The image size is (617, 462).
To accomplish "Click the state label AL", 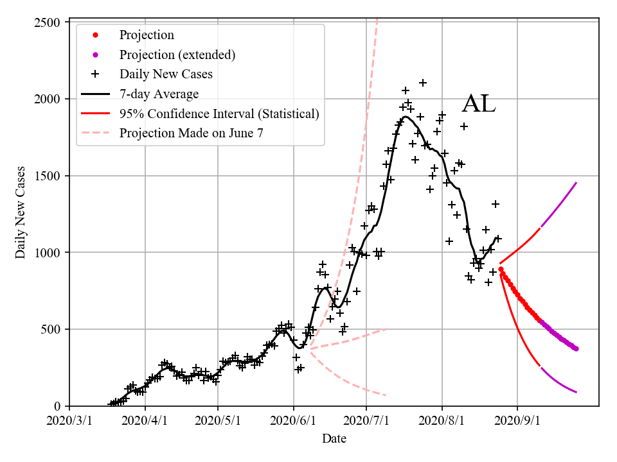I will coord(479,104).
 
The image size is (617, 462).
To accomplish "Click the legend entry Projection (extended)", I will coord(177,55).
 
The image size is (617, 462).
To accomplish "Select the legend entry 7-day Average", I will coord(159,94).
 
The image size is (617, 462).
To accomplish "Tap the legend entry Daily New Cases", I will coord(166,74).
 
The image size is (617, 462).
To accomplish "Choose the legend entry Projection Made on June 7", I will coord(191,133).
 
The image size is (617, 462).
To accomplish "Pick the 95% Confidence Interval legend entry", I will coord(219,114).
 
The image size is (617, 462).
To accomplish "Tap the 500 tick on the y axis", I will coord(53,329).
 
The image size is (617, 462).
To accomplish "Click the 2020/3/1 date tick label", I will coord(69,421).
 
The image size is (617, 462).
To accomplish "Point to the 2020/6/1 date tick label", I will coord(294,421).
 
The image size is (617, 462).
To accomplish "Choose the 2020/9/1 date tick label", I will coord(518,421).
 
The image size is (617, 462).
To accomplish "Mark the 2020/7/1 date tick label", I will coord(366,421).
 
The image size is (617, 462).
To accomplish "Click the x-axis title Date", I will coord(334,439).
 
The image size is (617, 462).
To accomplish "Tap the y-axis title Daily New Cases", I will coord(21,213).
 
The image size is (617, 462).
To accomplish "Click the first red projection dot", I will coord(501,269).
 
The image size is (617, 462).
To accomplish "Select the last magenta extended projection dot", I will coord(576,348).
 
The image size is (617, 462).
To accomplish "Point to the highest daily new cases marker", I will coord(423,83).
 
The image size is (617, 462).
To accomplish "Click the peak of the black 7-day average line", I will coord(406,117).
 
